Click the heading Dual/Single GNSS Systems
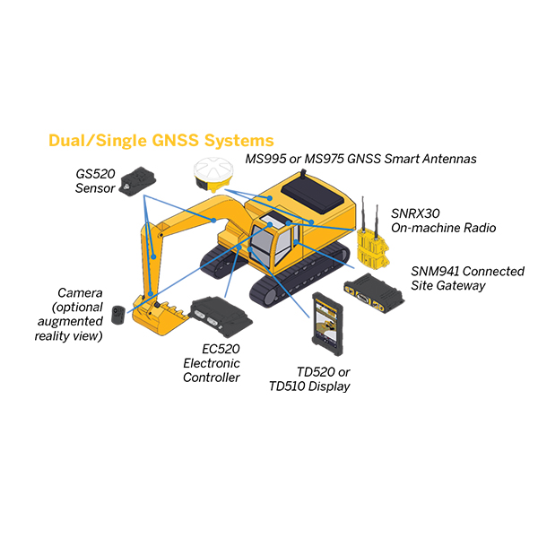tap(161, 141)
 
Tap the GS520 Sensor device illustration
tap(137, 182)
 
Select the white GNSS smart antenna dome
tap(213, 169)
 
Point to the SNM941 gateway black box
tap(374, 292)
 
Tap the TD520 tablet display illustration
tap(327, 324)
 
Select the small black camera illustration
tap(118, 315)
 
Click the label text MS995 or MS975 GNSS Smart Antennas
tap(360, 159)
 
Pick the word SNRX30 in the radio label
tap(415, 213)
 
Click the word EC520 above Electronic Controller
tap(221, 349)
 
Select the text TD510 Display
tap(309, 386)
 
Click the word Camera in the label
tap(80, 292)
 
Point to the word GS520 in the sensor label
tap(95, 174)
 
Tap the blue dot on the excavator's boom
tap(213, 221)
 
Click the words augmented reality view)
tap(69, 328)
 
